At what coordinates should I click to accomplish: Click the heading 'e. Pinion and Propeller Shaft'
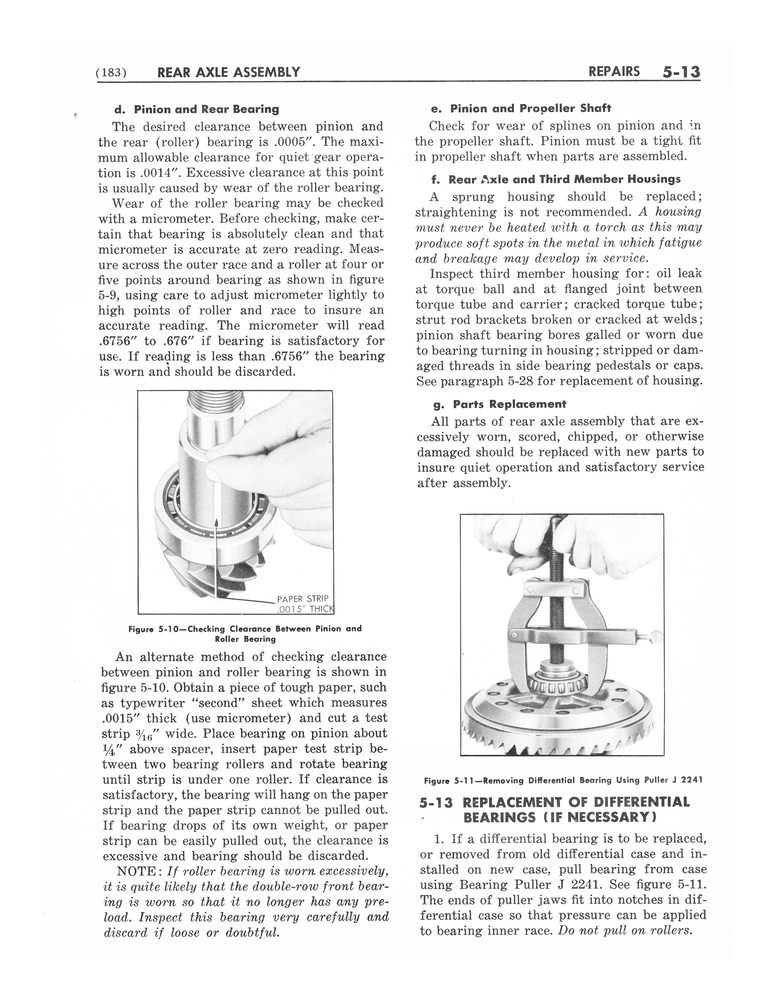coord(521,108)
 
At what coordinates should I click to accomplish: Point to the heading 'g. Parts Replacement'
coord(500,404)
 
